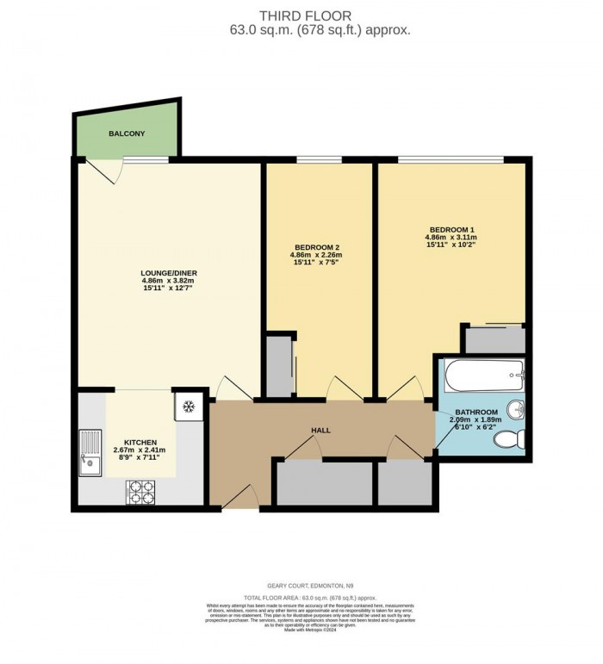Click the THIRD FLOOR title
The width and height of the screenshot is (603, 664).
point(301,15)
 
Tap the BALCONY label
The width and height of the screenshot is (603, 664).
point(126,134)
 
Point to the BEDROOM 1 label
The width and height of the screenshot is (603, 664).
point(450,229)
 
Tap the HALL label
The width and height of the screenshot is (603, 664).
point(320,430)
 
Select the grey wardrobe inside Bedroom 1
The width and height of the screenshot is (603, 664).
point(494,339)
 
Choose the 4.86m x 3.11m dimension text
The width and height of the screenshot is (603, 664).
point(450,238)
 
